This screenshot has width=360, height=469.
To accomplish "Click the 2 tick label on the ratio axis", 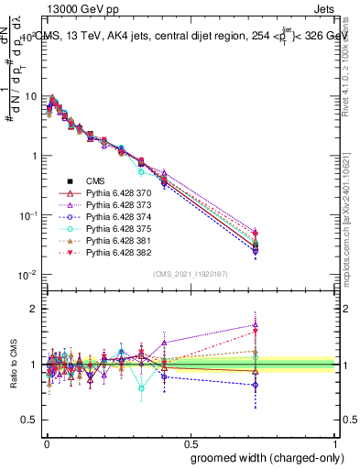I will (33, 309).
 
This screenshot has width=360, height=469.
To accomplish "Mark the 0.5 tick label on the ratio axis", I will (29, 420).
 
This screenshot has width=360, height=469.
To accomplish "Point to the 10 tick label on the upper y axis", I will (29, 96).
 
